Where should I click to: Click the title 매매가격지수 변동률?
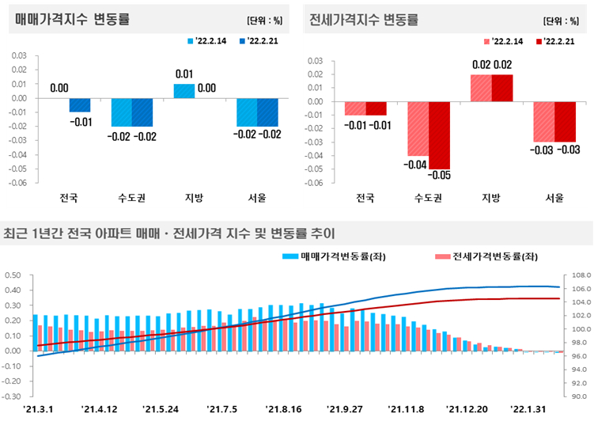(x=72, y=18)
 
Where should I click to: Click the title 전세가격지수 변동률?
(x=364, y=19)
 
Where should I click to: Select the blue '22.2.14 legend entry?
(x=207, y=41)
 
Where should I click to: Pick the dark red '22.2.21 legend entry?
(x=556, y=41)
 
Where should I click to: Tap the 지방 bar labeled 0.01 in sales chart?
(x=184, y=91)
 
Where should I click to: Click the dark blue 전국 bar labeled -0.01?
(x=80, y=105)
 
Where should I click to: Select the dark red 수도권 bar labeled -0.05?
(x=440, y=135)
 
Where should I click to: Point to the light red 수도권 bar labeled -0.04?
(x=418, y=128)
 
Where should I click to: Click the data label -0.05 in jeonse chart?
(x=440, y=175)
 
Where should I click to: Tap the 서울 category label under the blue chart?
(x=257, y=197)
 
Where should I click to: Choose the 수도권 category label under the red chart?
(x=429, y=198)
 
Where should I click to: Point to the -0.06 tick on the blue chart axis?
(x=19, y=183)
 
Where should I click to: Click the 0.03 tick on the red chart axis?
(x=316, y=61)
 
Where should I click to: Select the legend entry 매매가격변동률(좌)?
(x=334, y=256)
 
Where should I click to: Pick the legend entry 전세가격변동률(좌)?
(x=486, y=256)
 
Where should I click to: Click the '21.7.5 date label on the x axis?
(x=222, y=410)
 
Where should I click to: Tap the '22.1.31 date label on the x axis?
(x=528, y=410)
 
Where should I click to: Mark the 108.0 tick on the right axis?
(x=581, y=275)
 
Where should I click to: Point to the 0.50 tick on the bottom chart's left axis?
(x=13, y=275)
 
